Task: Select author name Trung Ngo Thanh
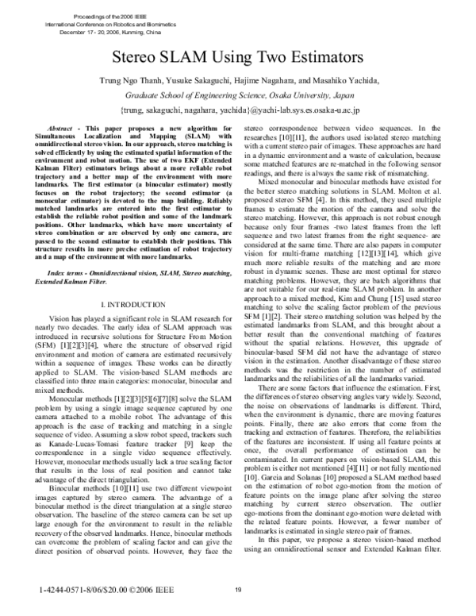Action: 129,82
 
